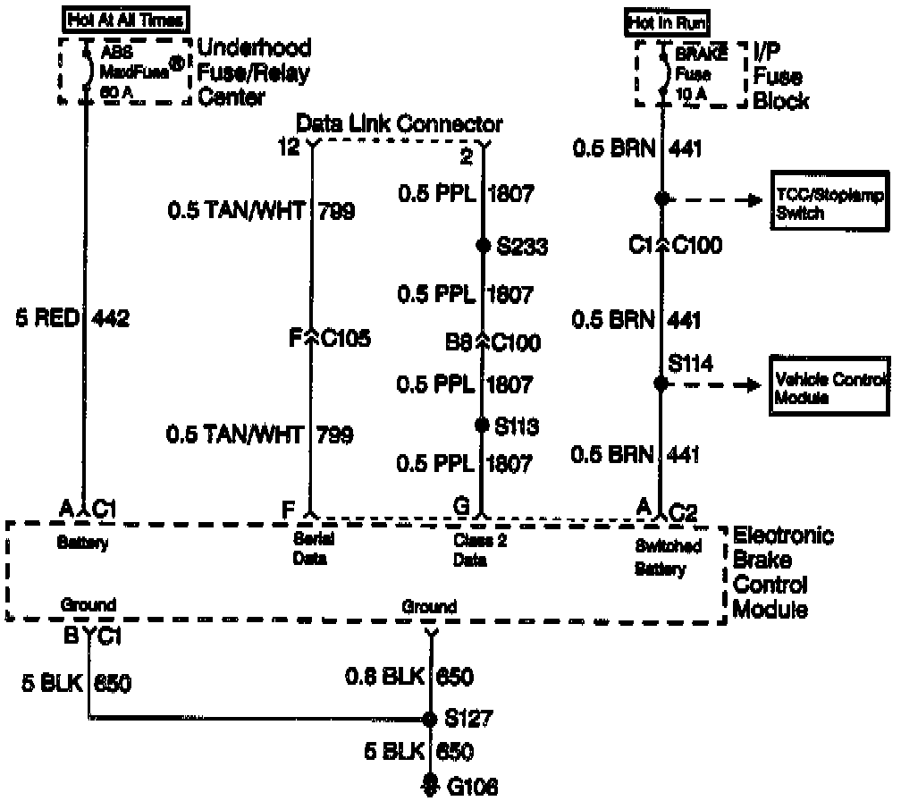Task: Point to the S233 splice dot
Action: pos(482,244)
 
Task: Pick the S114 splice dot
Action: pos(661,384)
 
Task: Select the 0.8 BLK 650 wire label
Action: pos(409,676)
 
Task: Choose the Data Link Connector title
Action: pos(399,123)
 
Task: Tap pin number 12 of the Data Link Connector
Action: pos(289,150)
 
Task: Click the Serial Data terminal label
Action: pos(310,550)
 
